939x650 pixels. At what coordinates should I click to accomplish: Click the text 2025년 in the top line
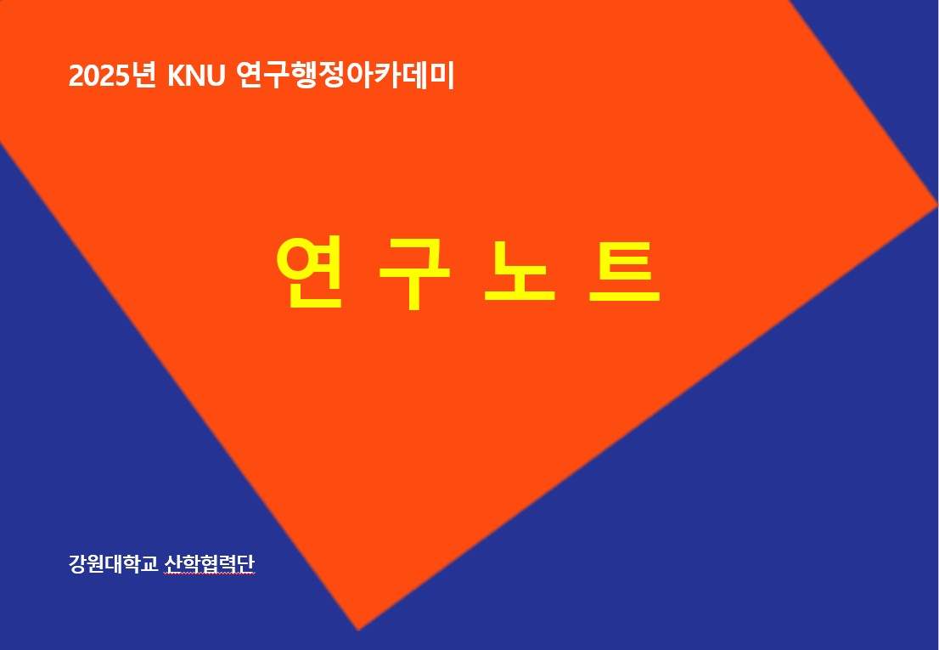click(x=113, y=76)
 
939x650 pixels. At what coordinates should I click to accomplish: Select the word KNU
click(x=196, y=76)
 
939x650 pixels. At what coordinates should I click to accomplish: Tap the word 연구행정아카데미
click(x=346, y=76)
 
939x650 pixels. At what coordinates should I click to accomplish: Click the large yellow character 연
click(x=310, y=272)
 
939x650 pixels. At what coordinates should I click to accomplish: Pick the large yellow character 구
click(x=414, y=274)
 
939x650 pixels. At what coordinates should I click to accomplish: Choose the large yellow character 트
click(x=625, y=271)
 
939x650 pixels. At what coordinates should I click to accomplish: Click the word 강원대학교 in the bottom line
click(x=114, y=563)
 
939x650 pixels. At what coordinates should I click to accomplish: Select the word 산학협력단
click(x=210, y=563)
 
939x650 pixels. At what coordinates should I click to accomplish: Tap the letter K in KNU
click(x=177, y=76)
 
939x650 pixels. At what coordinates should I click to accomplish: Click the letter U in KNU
click(x=216, y=76)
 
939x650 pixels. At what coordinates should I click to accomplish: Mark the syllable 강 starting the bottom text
click(x=78, y=563)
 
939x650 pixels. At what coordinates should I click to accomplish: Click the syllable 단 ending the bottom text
click(x=246, y=563)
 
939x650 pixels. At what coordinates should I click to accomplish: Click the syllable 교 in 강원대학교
click(x=149, y=563)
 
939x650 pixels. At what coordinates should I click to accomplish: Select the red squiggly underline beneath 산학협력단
click(x=210, y=574)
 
